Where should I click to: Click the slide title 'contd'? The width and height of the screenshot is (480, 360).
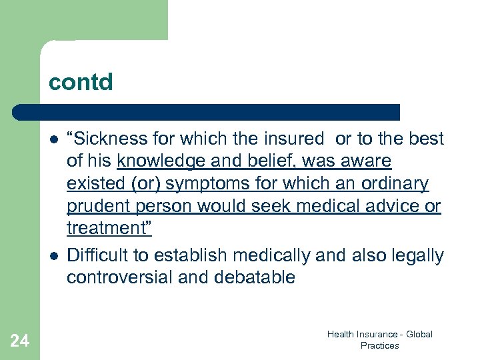81,82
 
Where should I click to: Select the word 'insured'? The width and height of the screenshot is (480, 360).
293,139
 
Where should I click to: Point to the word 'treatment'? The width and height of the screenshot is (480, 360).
107,229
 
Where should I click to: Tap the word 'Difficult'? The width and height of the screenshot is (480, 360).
97,255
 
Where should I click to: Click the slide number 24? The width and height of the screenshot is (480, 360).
20,341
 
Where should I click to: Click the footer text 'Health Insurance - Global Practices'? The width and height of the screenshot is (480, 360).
380,339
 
